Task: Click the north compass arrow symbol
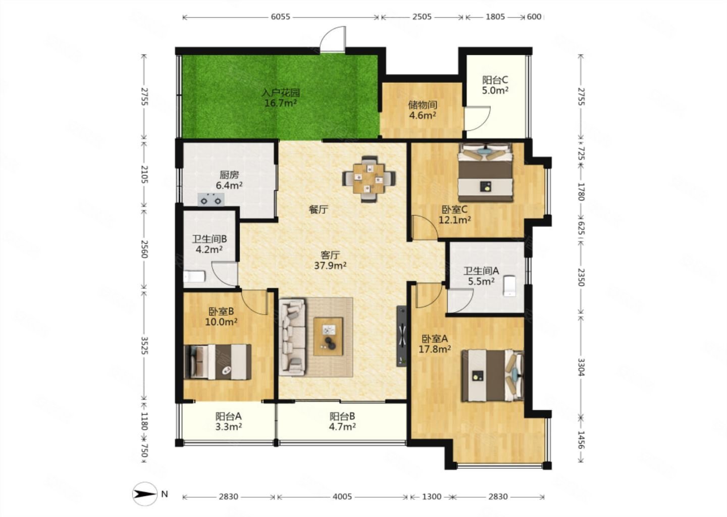pos(145,494)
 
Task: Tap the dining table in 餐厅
pos(369,179)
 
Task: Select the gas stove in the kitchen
pos(211,199)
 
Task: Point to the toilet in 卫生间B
pos(194,277)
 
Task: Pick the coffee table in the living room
pos(328,337)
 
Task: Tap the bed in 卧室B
pos(218,362)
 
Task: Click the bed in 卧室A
pos(493,376)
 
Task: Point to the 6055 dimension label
pos(280,17)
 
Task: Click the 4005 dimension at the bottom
pos(342,497)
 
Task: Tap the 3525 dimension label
pos(144,346)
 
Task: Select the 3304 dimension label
pos(581,367)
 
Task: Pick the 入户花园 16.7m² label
pos(281,97)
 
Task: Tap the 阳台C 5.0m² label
pos(495,85)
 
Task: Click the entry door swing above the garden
pos(332,39)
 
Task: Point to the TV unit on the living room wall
pos(402,336)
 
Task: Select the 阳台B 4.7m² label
pos(342,421)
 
